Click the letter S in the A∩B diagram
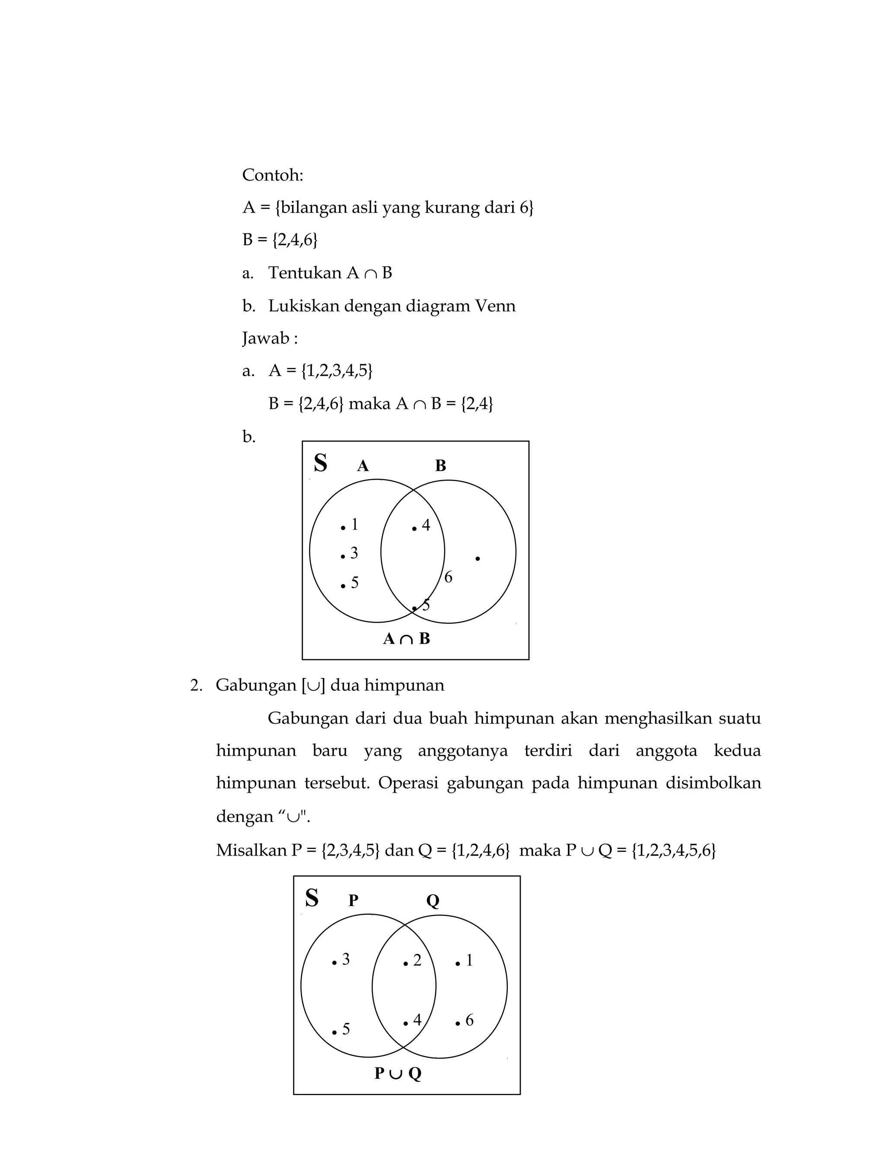pos(320,463)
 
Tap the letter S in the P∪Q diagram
pos(312,898)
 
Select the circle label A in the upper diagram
pos(363,466)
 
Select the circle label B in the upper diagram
pos(440,466)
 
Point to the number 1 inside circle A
pos(354,524)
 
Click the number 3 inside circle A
pos(354,553)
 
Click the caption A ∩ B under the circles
pos(406,639)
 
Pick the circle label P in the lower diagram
pos(353,900)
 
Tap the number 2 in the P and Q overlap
pos(417,960)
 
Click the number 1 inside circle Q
pos(469,960)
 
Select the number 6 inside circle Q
pos(469,1020)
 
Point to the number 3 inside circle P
pos(346,959)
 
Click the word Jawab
pos(266,338)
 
